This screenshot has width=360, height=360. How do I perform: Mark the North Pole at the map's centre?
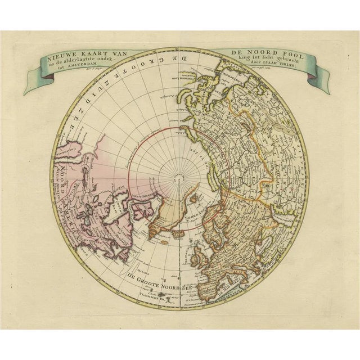(179, 178)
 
